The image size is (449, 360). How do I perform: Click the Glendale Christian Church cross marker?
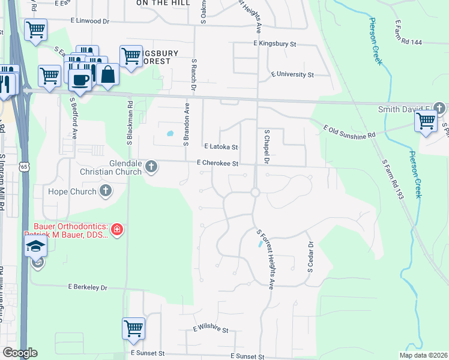click(x=151, y=167)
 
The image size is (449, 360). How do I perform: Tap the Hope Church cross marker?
click(x=106, y=191)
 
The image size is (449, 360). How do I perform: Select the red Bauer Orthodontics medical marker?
click(x=117, y=229)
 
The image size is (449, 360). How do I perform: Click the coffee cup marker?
click(x=80, y=79)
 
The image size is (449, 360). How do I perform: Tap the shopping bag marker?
click(x=108, y=75)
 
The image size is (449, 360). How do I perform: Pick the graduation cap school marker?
click(x=36, y=246)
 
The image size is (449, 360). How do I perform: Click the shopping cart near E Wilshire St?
click(x=133, y=328)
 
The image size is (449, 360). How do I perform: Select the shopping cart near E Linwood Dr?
click(x=35, y=29)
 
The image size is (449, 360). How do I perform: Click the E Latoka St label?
click(x=221, y=146)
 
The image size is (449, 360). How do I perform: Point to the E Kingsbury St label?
click(x=275, y=44)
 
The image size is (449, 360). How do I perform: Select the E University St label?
click(x=292, y=75)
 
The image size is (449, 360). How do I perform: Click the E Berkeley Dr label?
click(x=88, y=287)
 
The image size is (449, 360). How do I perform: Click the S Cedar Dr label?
click(x=311, y=257)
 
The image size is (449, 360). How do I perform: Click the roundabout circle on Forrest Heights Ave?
click(x=255, y=193)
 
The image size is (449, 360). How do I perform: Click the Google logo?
click(x=20, y=353)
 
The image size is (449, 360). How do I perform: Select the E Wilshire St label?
click(x=211, y=329)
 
